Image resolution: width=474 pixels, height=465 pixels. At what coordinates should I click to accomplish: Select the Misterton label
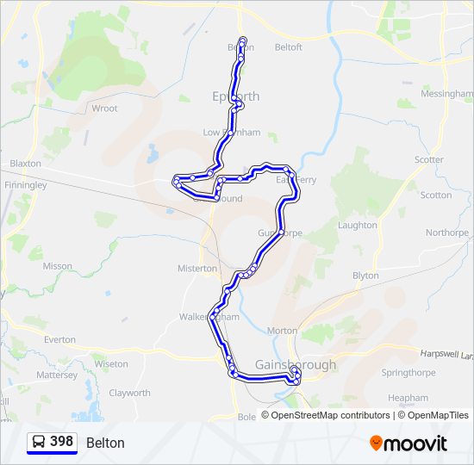pyautogui.click(x=197, y=269)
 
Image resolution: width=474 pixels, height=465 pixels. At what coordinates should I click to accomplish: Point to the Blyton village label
pyautogui.click(x=365, y=276)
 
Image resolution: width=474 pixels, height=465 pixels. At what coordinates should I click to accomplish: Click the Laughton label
pyautogui.click(x=357, y=226)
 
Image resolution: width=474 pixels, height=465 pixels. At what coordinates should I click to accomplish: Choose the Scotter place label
pyautogui.click(x=428, y=160)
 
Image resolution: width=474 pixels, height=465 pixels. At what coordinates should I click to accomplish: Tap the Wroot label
pyautogui.click(x=104, y=109)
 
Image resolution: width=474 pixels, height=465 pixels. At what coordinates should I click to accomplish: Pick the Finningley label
pyautogui.click(x=25, y=185)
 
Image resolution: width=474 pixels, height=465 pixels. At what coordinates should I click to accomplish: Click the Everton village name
pyautogui.click(x=59, y=340)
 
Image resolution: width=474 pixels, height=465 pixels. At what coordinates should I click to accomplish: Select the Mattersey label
pyautogui.click(x=57, y=375)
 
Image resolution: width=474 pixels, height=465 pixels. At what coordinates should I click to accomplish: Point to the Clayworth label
pyautogui.click(x=129, y=394)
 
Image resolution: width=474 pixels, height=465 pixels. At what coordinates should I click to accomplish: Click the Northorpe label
pyautogui.click(x=446, y=232)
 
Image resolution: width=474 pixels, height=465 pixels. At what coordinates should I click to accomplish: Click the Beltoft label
pyautogui.click(x=288, y=47)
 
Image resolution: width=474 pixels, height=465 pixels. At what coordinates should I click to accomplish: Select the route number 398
pyautogui.click(x=61, y=442)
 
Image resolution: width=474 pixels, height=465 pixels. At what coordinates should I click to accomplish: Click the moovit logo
pyautogui.click(x=409, y=443)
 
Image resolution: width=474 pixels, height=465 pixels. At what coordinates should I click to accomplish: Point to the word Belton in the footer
pyautogui.click(x=105, y=443)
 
